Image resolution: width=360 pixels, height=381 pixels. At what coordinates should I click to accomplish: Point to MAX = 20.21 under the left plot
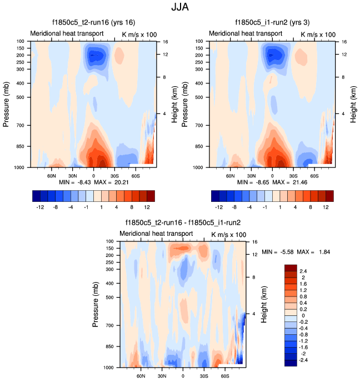(112, 182)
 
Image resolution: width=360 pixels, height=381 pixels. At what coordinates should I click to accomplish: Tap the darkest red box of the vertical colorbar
(291, 268)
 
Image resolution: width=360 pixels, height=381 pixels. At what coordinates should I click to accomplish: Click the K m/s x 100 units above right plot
(318, 34)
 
